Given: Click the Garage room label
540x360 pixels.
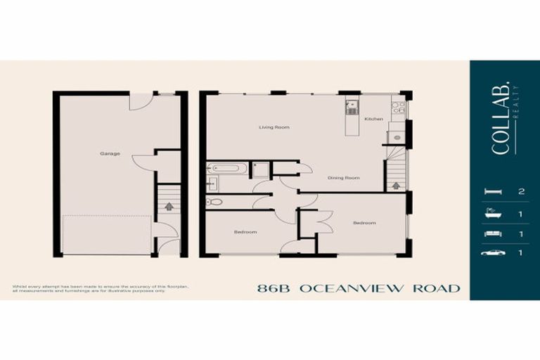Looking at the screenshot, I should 109,153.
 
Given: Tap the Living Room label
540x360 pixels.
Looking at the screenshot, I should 274,127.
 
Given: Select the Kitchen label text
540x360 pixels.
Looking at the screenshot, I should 373,119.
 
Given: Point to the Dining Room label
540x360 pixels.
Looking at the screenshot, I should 344,178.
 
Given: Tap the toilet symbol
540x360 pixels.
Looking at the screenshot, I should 214,202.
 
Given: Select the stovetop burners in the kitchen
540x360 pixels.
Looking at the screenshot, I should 398,108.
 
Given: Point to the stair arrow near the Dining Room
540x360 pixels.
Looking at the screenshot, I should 395,186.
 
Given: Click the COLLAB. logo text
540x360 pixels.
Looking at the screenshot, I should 500,127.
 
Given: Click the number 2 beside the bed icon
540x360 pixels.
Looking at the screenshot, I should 520,191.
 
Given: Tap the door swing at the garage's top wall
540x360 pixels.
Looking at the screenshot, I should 139,102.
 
